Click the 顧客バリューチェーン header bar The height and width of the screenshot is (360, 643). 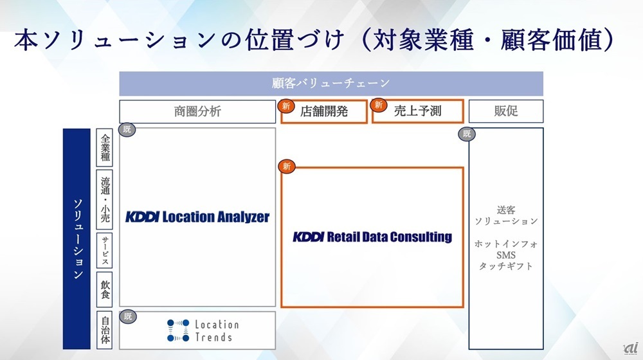point(331,83)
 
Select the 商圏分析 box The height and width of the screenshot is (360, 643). point(197,111)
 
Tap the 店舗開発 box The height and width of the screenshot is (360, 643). point(324,111)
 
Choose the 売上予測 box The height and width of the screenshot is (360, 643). point(417,111)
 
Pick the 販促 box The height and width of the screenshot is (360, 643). point(506,111)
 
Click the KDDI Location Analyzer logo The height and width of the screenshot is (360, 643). point(197,217)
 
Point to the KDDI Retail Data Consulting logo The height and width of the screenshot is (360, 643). point(372,237)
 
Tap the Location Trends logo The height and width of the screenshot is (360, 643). point(203,330)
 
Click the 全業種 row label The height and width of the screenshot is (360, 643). point(105,148)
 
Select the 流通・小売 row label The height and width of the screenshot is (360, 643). point(105,200)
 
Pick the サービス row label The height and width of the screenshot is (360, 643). point(105,251)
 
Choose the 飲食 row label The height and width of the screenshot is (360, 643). point(105,289)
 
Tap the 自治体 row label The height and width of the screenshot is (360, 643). point(105,330)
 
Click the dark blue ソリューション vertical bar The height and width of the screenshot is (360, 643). point(77,239)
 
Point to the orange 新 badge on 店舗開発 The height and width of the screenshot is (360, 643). point(286,106)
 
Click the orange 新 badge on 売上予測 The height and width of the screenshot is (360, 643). point(378,105)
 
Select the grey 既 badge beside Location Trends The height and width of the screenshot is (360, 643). point(127,316)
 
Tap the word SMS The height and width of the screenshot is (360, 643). point(505,255)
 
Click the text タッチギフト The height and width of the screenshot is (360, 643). point(506,266)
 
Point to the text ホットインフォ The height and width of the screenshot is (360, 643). point(506,244)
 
